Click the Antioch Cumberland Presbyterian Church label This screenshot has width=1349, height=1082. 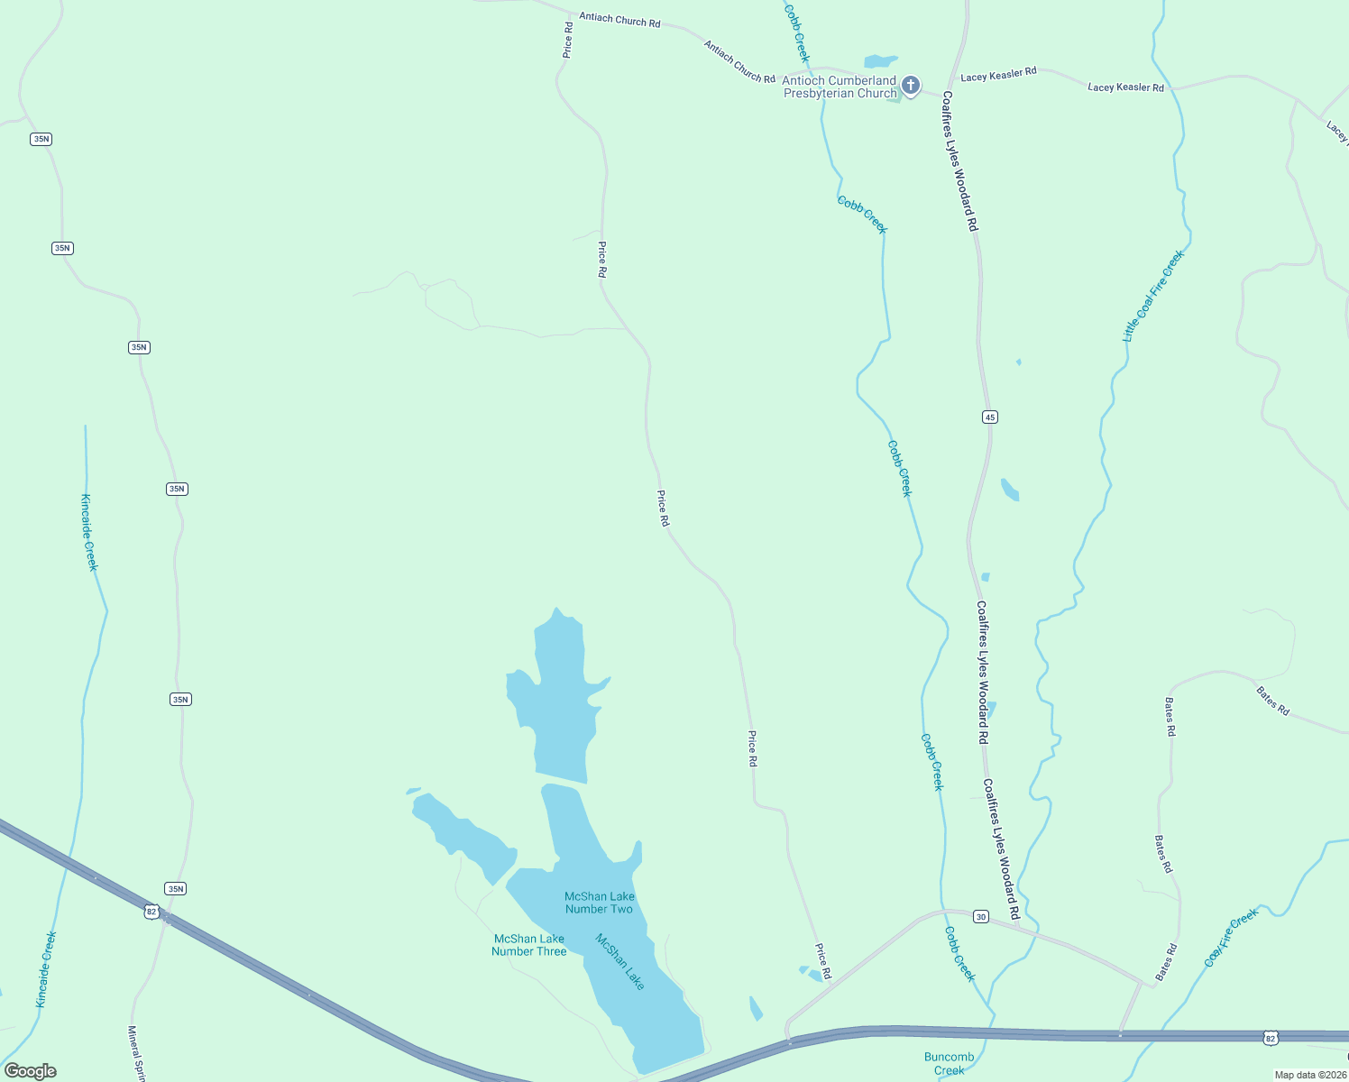point(840,87)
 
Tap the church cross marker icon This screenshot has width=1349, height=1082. point(911,86)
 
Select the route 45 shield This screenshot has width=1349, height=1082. point(990,417)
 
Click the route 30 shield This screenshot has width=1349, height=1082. point(981,917)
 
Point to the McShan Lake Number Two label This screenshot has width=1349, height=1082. point(599,903)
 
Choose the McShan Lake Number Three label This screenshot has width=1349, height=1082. point(528,945)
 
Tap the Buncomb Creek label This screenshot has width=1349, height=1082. point(949,1063)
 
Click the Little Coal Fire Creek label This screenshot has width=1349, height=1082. point(1152,296)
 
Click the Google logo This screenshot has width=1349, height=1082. point(30,1071)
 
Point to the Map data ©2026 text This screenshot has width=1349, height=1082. point(1309,1075)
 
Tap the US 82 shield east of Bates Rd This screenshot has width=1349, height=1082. point(1271,1039)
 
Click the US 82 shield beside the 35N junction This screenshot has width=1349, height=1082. point(151,912)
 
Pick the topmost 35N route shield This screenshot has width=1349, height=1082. point(41,139)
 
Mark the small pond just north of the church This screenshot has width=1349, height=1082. point(880,62)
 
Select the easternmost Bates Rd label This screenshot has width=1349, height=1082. point(1272,701)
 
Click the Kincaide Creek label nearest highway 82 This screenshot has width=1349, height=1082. point(46,969)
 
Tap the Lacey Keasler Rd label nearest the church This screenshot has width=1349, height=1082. point(998,75)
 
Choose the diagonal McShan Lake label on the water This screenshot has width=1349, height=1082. point(620,961)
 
